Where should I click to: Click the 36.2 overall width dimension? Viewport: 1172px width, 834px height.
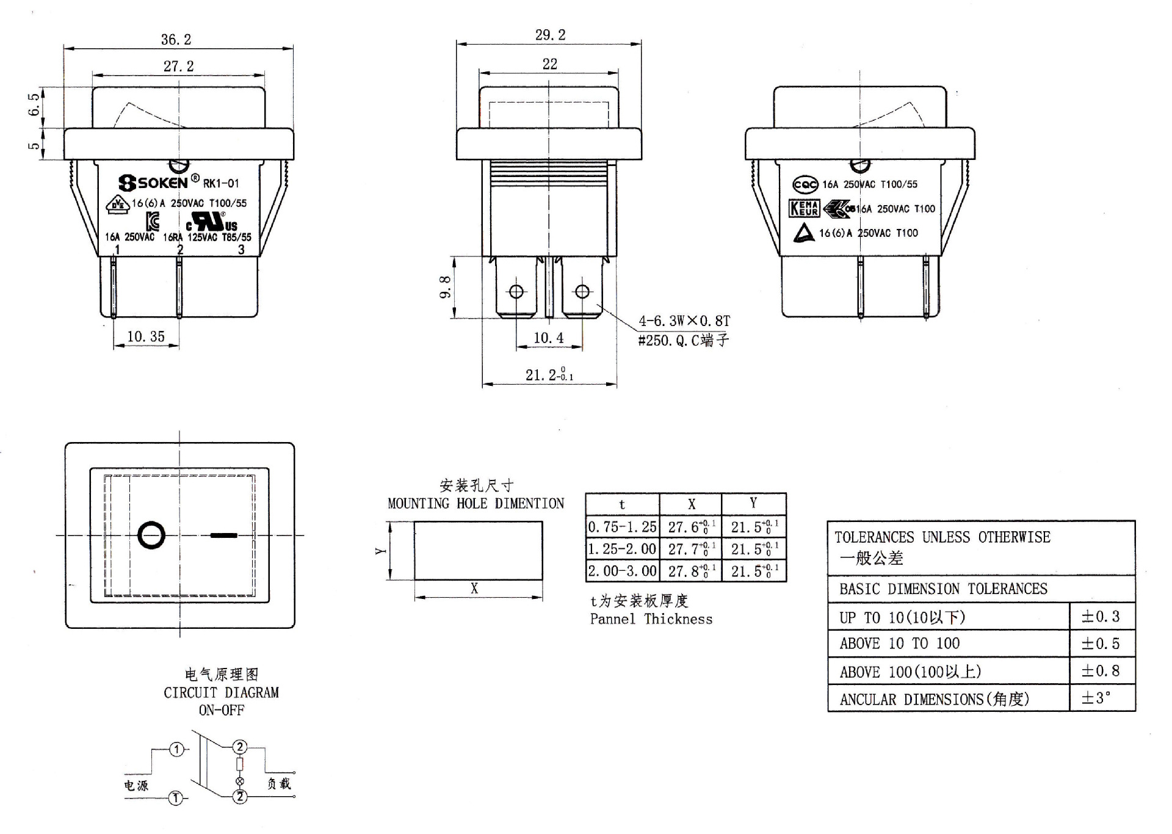176,40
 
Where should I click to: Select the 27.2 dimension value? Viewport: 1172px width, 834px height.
178,66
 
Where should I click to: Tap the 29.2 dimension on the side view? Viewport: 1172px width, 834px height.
550,35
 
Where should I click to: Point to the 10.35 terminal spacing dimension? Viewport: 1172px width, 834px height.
146,336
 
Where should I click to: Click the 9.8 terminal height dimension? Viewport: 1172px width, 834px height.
446,287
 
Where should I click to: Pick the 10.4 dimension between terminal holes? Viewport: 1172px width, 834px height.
548,338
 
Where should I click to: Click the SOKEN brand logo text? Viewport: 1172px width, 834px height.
153,183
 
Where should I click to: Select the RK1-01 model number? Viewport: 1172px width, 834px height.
221,183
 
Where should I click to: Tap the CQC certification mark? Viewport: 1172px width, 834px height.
805,184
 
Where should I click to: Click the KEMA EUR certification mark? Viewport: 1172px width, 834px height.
804,209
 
